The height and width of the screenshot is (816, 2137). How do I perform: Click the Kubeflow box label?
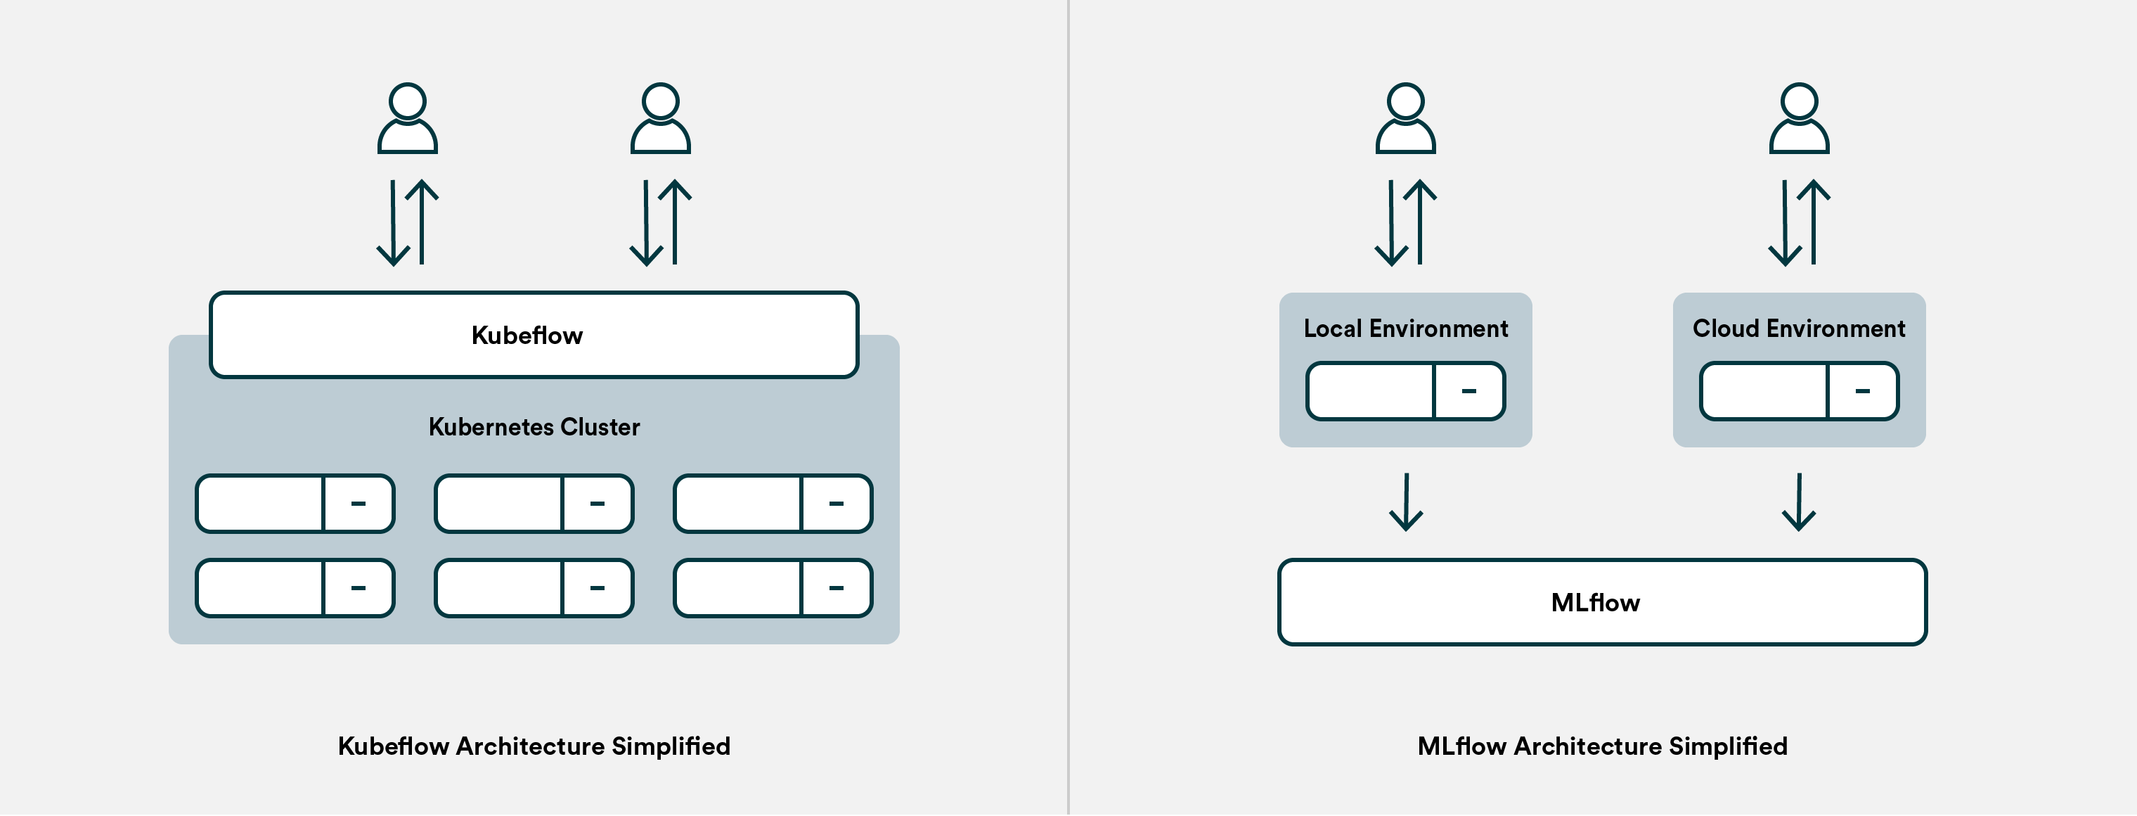point(527,336)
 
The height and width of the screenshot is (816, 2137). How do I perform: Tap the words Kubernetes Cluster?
point(534,427)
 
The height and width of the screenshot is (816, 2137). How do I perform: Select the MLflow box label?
point(1594,603)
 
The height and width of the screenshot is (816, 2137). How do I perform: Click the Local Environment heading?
point(1405,329)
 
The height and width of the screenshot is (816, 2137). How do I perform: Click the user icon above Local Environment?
point(1405,119)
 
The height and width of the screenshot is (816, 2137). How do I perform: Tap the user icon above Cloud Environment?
point(1799,119)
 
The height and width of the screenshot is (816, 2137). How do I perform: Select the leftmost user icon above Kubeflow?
point(407,119)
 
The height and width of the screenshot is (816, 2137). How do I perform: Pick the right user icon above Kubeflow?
point(660,119)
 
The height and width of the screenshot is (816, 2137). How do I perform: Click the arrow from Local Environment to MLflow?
point(1406,502)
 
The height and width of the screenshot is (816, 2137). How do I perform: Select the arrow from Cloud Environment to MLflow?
point(1799,502)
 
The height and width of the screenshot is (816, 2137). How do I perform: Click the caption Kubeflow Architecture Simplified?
point(534,746)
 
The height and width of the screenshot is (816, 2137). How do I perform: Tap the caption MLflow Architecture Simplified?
point(1602,746)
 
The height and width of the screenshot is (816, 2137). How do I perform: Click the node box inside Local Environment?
point(1405,391)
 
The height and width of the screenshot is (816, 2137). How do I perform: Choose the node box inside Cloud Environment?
point(1799,391)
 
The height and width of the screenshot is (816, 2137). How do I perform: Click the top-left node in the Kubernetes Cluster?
point(295,503)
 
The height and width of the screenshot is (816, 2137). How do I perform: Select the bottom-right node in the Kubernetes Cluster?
point(773,587)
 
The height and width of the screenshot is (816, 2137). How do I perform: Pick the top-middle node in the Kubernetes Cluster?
point(534,503)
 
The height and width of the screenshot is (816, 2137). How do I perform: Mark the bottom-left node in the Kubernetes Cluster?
point(295,587)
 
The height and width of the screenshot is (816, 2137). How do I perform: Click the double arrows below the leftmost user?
point(407,222)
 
